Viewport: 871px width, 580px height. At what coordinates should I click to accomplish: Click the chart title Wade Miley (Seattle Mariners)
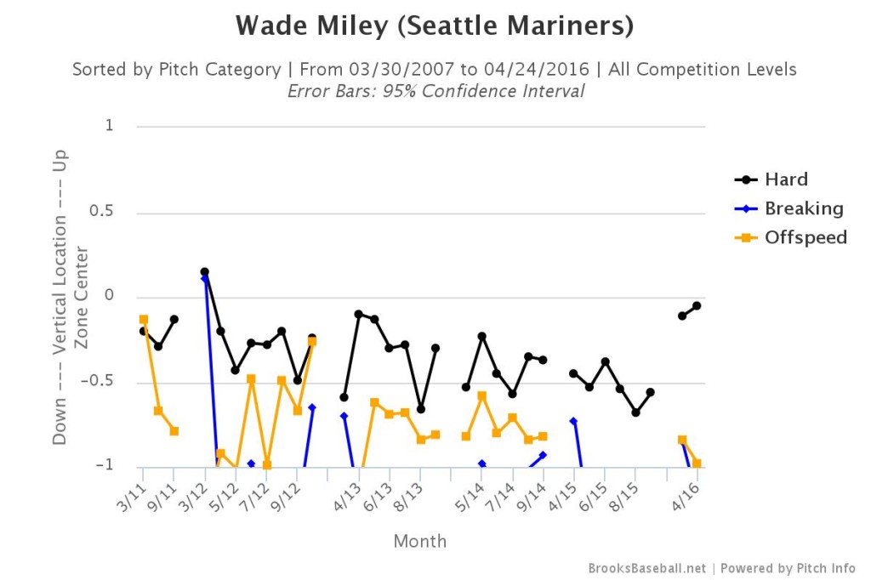[x=435, y=26]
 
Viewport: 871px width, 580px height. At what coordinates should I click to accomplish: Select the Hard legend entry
[x=786, y=179]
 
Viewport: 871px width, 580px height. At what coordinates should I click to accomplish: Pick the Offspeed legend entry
[x=806, y=237]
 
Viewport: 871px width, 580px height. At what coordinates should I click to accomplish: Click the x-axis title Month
[x=419, y=541]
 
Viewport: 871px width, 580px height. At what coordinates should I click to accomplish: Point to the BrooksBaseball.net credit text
[x=646, y=568]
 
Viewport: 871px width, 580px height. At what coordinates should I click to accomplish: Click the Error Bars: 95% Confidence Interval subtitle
[x=435, y=91]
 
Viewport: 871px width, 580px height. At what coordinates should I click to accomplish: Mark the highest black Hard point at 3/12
[x=205, y=272]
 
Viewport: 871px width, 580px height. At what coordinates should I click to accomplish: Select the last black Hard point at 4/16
[x=697, y=306]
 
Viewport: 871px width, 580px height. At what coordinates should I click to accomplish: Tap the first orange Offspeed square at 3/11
[x=144, y=320]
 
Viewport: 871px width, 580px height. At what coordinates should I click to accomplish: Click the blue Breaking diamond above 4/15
[x=574, y=421]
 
